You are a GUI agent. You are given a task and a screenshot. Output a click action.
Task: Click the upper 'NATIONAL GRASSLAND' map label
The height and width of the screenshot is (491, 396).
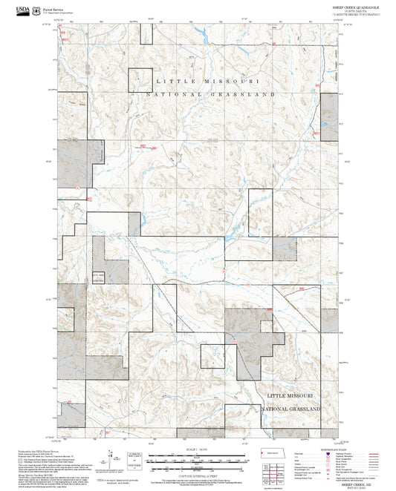[x=210, y=95]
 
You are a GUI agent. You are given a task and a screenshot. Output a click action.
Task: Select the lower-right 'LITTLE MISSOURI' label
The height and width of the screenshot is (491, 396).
[x=291, y=396]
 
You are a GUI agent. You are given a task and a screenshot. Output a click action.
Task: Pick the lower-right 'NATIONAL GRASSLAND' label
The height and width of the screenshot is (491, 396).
[x=290, y=409]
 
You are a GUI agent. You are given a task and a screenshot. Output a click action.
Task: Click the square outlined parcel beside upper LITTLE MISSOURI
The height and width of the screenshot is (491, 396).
[x=140, y=79]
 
